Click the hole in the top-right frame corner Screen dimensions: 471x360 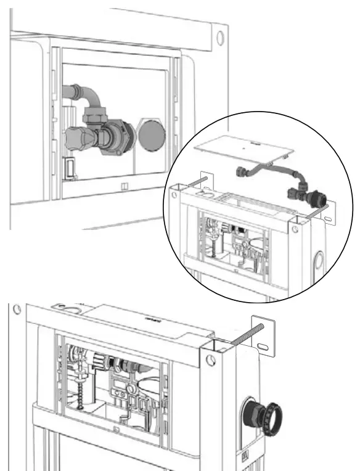221,37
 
